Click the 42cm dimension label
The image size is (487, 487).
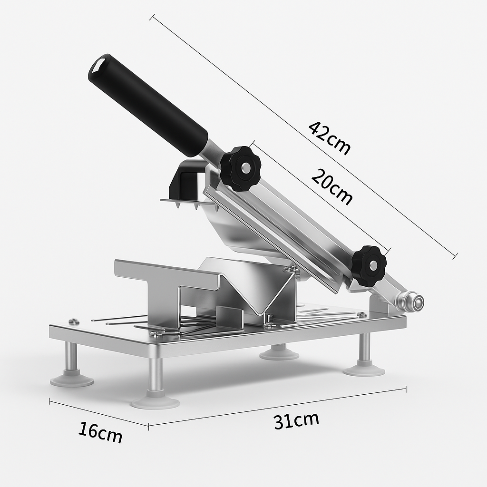tap(329, 138)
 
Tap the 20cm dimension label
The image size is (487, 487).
tap(332, 187)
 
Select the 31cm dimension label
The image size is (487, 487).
tap(296, 421)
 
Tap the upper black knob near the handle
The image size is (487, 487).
tap(240, 168)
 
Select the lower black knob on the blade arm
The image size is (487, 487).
tap(369, 266)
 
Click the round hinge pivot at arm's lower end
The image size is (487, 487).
tap(412, 302)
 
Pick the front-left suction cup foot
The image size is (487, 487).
tap(72, 380)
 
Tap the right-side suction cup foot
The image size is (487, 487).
tap(364, 370)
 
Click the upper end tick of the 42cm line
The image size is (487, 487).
tap(152, 17)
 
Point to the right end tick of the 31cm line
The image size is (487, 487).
tap(405, 389)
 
